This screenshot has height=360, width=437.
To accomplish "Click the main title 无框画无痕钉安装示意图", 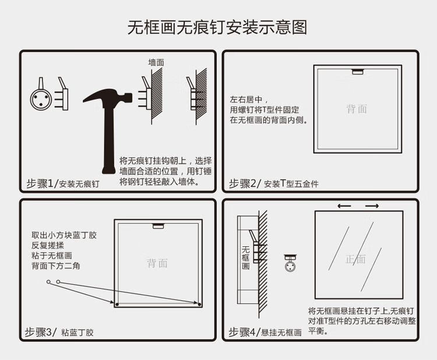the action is click(217, 27).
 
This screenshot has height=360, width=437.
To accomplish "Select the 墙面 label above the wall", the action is click(156, 62).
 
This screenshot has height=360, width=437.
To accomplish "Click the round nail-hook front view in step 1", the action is click(41, 99).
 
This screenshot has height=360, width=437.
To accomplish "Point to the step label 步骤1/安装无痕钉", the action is click(63, 183).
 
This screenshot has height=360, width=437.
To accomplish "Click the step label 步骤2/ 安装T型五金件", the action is click(274, 183).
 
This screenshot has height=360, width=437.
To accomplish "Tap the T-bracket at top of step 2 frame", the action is click(358, 72).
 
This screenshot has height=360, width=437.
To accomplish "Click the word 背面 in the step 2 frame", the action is click(357, 109).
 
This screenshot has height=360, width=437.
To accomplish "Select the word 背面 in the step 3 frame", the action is click(157, 263).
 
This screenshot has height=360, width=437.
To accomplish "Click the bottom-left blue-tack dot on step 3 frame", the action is click(117, 304).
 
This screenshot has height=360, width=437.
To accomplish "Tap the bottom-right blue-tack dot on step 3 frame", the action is click(199, 304).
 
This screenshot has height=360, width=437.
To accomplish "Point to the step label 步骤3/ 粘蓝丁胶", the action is click(59, 332).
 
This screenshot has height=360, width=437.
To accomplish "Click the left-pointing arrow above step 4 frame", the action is click(344, 206).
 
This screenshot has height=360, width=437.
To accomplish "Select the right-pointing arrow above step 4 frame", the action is click(372, 206).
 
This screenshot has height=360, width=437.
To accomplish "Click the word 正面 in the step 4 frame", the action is click(355, 259).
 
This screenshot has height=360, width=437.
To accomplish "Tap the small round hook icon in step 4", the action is click(290, 263).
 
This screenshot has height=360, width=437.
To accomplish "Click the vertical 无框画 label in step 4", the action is click(245, 257).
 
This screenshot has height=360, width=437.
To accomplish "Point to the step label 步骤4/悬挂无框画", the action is click(265, 332).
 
